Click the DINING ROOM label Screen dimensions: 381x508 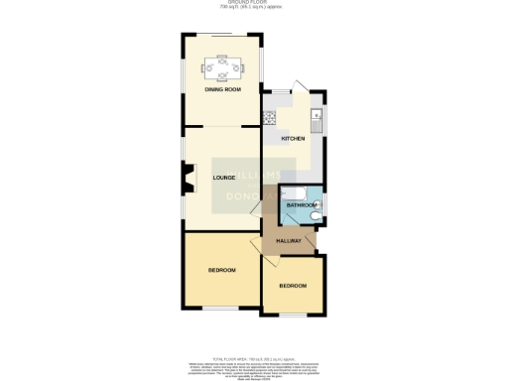pyautogui.click(x=223, y=90)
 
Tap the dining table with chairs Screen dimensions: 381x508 pyautogui.click(x=223, y=68)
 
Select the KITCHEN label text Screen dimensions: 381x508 pyautogui.click(x=293, y=138)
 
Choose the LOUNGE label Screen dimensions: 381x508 pyautogui.click(x=223, y=177)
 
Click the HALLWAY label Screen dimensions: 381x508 pyautogui.click(x=289, y=240)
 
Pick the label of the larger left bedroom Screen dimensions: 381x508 pyautogui.click(x=221, y=270)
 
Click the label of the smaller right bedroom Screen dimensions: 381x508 pyautogui.click(x=293, y=286)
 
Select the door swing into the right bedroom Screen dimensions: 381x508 pyautogui.click(x=270, y=263)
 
